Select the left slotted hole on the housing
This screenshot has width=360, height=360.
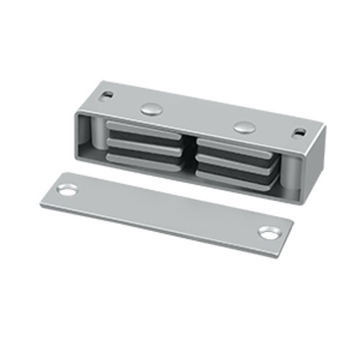pos(107,94)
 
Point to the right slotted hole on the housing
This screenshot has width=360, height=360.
pos(297,132)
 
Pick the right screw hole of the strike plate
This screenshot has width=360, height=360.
pos(268,233)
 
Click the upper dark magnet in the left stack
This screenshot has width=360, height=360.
pos(144,138)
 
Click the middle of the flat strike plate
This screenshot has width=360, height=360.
pos(169,211)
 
